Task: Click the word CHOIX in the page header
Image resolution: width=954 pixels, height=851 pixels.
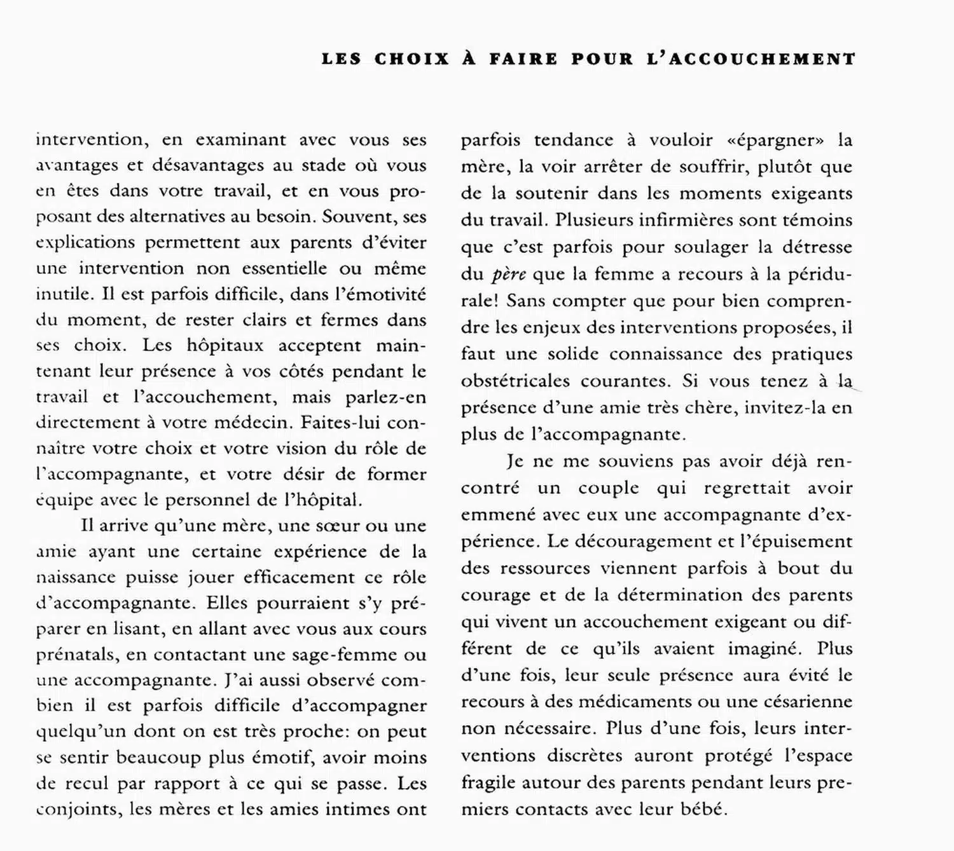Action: [411, 59]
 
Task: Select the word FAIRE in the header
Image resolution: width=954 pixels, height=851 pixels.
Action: [523, 59]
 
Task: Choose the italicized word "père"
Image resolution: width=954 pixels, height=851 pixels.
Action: [509, 275]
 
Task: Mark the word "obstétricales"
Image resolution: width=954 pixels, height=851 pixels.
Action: [515, 381]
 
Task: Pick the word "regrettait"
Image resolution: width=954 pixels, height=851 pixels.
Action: [747, 488]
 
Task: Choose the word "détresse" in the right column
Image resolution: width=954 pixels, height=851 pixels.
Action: [817, 247]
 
